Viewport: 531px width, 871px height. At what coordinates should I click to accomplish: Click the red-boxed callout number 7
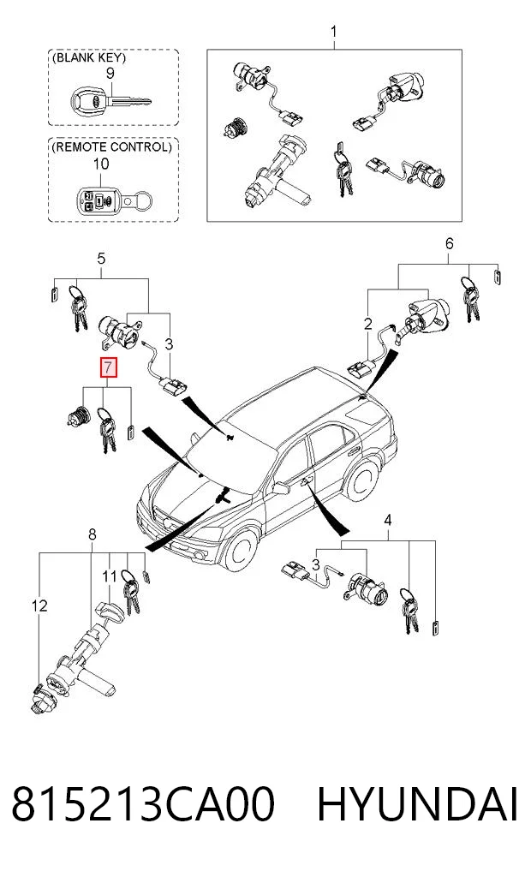pyautogui.click(x=108, y=367)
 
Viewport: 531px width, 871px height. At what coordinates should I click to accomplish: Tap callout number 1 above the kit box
pyautogui.click(x=334, y=32)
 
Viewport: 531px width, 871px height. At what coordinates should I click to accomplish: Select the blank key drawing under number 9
pyautogui.click(x=110, y=102)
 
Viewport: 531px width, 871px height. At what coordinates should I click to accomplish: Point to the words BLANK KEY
pyautogui.click(x=89, y=57)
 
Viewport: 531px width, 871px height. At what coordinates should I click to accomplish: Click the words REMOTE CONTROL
pyautogui.click(x=111, y=147)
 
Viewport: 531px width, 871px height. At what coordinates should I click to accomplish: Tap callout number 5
pyautogui.click(x=101, y=259)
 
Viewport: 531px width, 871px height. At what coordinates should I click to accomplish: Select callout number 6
pyautogui.click(x=449, y=243)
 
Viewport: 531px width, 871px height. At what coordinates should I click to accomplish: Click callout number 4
pyautogui.click(x=388, y=520)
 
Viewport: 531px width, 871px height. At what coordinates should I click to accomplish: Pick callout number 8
pyautogui.click(x=92, y=534)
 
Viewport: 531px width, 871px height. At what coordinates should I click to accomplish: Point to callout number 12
pyautogui.click(x=40, y=605)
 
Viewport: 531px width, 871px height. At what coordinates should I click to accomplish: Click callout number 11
pyautogui.click(x=110, y=576)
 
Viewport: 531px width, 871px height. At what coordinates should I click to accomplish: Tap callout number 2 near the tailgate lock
pyautogui.click(x=367, y=323)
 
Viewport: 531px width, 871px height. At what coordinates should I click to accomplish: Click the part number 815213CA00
pyautogui.click(x=143, y=804)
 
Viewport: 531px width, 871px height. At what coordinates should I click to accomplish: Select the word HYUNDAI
pyautogui.click(x=418, y=804)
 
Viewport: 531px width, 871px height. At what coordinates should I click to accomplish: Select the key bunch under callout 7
pyautogui.click(x=106, y=430)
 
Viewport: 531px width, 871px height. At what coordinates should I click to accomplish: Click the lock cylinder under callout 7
pyautogui.click(x=78, y=416)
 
